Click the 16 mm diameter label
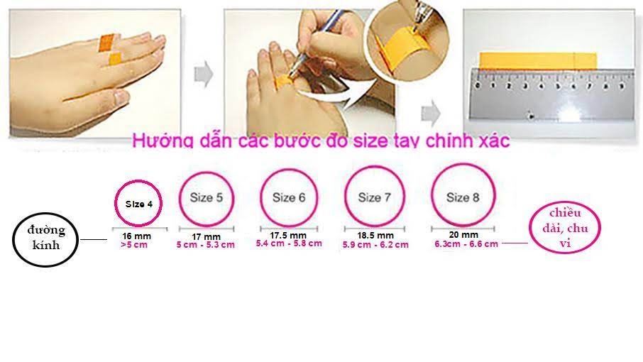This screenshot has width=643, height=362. [x=136, y=236]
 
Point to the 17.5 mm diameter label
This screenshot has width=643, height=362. [x=288, y=236]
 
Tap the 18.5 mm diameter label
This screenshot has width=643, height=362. [x=375, y=236]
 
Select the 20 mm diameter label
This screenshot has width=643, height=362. [x=463, y=235]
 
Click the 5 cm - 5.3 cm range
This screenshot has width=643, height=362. [x=205, y=245]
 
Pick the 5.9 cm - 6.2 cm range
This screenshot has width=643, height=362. [x=375, y=245]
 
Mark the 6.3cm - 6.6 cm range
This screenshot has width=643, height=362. [x=466, y=244]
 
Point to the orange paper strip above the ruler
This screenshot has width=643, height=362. [x=538, y=60]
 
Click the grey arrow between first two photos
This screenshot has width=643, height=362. [x=204, y=74]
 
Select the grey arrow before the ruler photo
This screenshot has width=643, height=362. [x=431, y=113]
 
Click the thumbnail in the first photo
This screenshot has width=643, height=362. [x=122, y=97]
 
